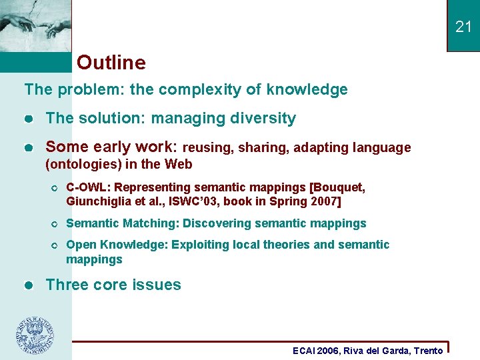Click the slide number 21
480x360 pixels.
pos(463,27)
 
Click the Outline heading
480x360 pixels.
pos(111,63)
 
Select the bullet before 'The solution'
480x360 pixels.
pos(28,119)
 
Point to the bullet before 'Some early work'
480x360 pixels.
pos(28,147)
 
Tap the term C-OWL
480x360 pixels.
pos(85,187)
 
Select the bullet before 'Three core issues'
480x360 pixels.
pos(28,285)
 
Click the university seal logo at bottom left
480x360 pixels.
pos(35,335)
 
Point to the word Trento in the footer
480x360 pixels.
pos(428,351)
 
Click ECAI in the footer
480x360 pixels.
pos(305,351)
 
